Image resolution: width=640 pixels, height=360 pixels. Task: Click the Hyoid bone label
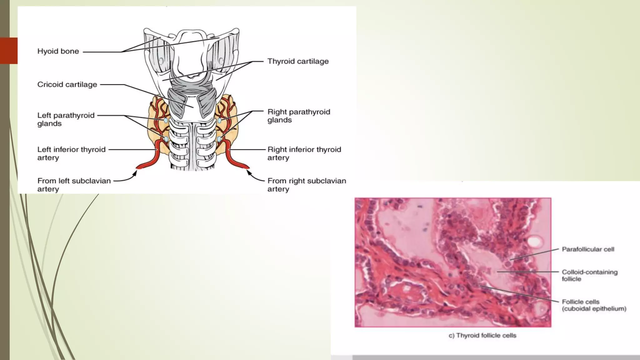58,51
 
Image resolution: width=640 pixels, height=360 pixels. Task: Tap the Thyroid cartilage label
298,61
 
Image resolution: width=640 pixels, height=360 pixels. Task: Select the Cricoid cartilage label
67,84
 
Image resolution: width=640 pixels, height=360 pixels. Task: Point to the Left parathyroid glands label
66,119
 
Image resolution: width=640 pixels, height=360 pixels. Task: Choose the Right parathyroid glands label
298,116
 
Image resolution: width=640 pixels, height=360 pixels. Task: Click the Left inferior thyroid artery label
71,153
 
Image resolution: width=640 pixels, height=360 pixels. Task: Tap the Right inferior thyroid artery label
304,153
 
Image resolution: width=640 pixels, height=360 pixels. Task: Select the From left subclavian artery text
74,185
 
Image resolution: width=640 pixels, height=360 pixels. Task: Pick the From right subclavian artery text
307,185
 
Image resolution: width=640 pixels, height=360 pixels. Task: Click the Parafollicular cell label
588,249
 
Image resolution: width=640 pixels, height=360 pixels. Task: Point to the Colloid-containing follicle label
589,275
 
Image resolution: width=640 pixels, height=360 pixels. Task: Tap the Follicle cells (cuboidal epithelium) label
594,305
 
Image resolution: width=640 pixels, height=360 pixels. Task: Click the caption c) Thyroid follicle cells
482,335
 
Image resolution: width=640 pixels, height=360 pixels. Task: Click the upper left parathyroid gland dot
166,120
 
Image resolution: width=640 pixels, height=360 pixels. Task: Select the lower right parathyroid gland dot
219,139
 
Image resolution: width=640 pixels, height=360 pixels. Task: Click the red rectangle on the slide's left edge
9,51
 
